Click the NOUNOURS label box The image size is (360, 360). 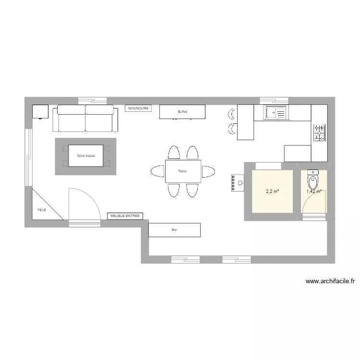click(x=138, y=108)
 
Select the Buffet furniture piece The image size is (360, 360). click(x=182, y=112)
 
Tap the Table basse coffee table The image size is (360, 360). click(x=85, y=156)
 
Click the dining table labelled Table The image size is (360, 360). click(x=182, y=171)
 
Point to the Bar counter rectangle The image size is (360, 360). click(x=174, y=230)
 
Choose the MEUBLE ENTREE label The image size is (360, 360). click(x=125, y=216)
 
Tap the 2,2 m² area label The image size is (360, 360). click(x=272, y=192)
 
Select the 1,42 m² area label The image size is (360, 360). click(x=314, y=192)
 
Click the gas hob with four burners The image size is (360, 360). click(x=319, y=132)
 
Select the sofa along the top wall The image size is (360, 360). click(x=85, y=118)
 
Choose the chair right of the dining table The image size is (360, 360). click(x=208, y=171)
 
